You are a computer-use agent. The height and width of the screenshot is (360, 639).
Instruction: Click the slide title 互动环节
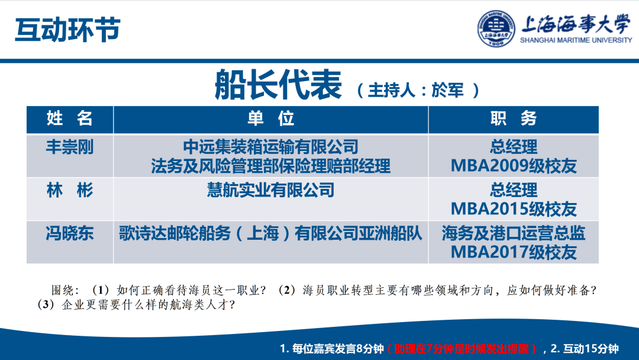(x=67, y=29)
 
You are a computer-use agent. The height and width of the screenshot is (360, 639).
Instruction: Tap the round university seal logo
(x=496, y=29)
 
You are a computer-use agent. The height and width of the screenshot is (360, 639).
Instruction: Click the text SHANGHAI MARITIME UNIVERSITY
(x=576, y=40)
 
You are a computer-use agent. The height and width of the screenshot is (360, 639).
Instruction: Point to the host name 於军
(x=450, y=90)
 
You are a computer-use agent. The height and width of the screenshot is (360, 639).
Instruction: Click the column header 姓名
(x=70, y=118)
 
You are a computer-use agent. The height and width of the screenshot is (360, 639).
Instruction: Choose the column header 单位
(x=270, y=118)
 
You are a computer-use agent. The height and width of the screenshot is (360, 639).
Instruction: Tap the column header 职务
(x=513, y=118)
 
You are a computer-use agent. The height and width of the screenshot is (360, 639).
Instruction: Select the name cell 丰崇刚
(x=70, y=146)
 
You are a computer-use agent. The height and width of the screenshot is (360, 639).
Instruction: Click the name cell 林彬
(x=70, y=190)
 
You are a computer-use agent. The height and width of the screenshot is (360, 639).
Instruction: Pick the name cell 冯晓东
(x=70, y=233)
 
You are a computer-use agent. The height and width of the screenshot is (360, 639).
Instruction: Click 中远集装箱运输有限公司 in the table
(x=270, y=146)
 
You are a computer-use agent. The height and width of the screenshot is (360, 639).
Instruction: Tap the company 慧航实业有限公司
(x=270, y=190)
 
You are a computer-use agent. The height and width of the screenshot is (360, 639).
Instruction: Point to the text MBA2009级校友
(x=513, y=166)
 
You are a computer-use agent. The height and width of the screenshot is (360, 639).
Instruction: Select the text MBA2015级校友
(x=513, y=209)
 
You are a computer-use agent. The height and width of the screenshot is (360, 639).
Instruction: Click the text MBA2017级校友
(x=513, y=252)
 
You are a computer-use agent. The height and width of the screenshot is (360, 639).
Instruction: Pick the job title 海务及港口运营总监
(x=513, y=233)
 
